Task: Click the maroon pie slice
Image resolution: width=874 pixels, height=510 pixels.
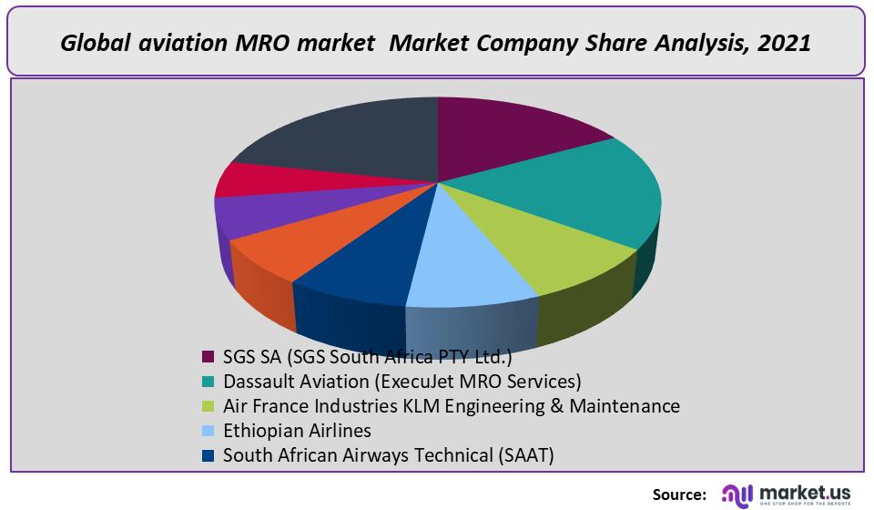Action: pyautogui.click(x=510, y=137)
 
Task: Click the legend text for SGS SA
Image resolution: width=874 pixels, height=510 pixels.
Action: pyautogui.click(x=368, y=356)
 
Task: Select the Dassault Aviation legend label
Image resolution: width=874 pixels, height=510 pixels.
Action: pyautogui.click(x=401, y=381)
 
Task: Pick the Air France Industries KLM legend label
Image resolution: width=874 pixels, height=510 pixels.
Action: pyautogui.click(x=451, y=405)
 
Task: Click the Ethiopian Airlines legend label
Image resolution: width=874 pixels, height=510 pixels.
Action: pyautogui.click(x=297, y=430)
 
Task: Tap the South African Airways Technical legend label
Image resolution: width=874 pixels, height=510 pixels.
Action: pyautogui.click(x=388, y=454)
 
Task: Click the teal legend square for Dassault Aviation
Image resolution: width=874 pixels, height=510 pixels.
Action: pyautogui.click(x=208, y=382)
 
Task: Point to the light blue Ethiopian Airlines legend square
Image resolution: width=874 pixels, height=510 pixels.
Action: pyautogui.click(x=208, y=431)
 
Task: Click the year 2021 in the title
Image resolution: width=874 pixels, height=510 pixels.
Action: pyautogui.click(x=783, y=43)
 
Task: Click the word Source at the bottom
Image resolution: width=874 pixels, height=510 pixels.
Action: pyautogui.click(x=679, y=495)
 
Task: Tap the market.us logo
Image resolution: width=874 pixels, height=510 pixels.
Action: pyautogui.click(x=787, y=494)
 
